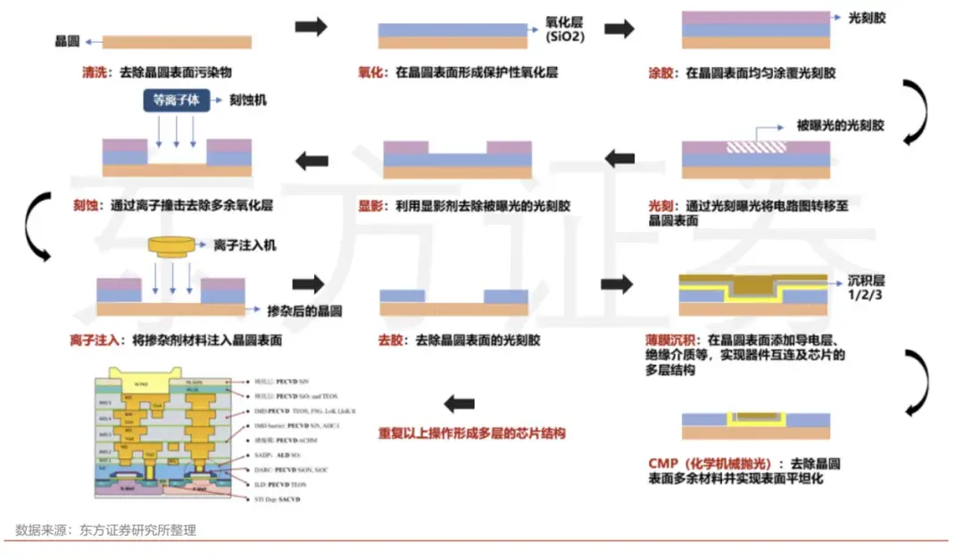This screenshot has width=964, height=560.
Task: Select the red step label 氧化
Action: [370, 72]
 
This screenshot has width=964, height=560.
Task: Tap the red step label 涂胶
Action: [660, 72]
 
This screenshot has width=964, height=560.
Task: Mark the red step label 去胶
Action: [390, 340]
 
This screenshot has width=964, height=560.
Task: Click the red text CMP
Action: [664, 464]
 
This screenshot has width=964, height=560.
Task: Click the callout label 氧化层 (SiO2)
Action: [564, 29]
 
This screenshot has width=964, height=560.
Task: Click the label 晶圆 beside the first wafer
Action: [68, 41]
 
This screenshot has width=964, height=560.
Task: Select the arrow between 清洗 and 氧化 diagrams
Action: [312, 27]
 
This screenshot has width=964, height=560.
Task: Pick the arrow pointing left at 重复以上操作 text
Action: [459, 404]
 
